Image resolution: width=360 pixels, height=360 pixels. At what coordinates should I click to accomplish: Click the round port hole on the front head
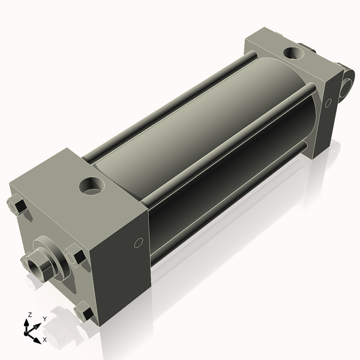[x=92, y=185]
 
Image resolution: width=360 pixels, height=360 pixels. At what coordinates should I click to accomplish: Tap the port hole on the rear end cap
[x=293, y=53]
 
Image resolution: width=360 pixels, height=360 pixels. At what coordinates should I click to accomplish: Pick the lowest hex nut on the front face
[x=85, y=311]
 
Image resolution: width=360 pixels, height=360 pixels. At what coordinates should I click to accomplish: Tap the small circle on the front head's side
[x=139, y=243]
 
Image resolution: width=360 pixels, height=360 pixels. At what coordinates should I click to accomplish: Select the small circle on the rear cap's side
[x=328, y=103]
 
